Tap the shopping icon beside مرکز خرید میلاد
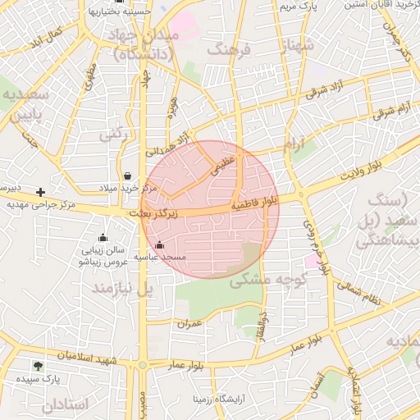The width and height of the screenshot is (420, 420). pos(127,176)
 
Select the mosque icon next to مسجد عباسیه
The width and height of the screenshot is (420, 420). pos(159,244)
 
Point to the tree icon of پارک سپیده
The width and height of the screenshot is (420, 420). pos(38,366)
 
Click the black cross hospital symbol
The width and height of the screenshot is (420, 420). pos(40,192)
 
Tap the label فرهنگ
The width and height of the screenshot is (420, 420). pos(233,50)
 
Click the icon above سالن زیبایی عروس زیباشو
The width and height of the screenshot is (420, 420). pos(102,238)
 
